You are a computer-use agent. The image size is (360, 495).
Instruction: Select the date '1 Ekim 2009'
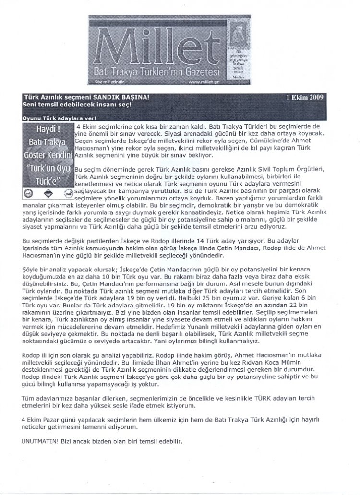tap(304, 96)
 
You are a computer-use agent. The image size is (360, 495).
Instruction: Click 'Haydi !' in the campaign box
tap(48, 130)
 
